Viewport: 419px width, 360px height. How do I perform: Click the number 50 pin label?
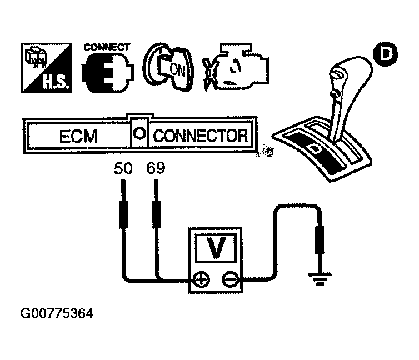(x=123, y=168)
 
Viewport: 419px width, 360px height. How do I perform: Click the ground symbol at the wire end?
(x=319, y=278)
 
